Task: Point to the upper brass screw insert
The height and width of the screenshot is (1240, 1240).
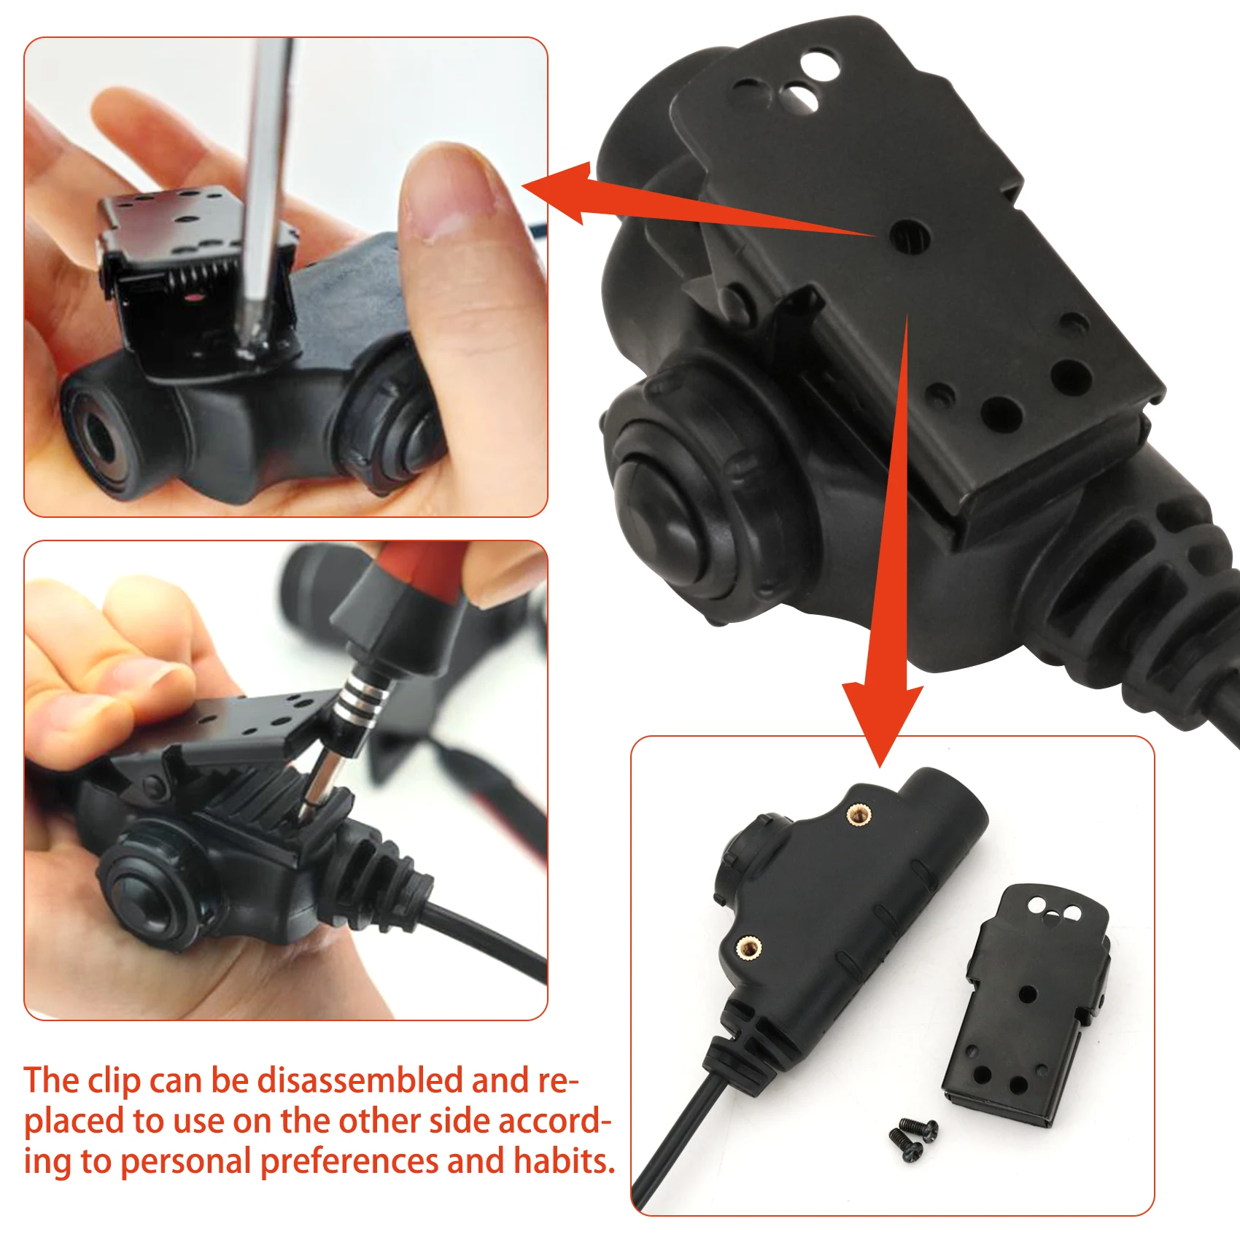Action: (859, 814)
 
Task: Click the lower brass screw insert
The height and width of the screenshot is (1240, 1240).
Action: (748, 948)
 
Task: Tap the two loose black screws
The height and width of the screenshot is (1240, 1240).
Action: (912, 1139)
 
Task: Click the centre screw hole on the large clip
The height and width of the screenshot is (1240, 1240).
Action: (910, 236)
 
